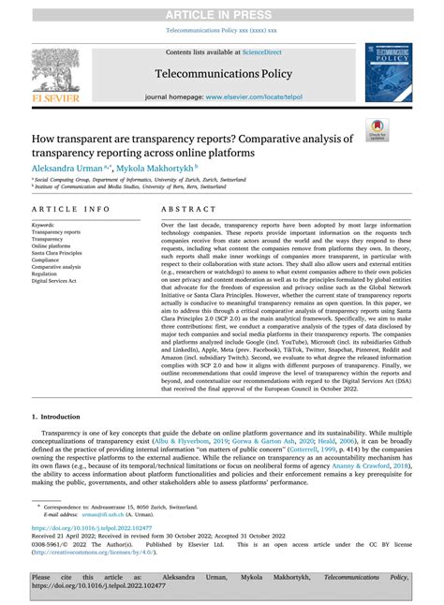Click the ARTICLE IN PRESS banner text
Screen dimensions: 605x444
[x=221, y=12]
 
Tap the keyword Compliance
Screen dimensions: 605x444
[x=49, y=259]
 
